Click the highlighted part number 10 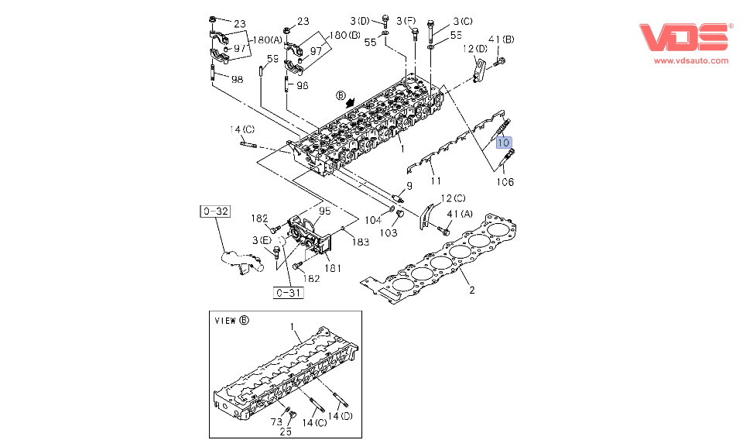tap(504, 143)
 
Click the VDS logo tap(685, 38)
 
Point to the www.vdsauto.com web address tap(690, 60)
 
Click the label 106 tap(505, 183)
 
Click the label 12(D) tap(475, 49)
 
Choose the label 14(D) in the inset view tap(338, 417)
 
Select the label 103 tap(389, 232)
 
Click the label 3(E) tap(261, 240)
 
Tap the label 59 tap(273, 59)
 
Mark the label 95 tap(324, 210)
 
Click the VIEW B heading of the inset tap(232, 320)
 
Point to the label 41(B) tap(502, 40)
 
